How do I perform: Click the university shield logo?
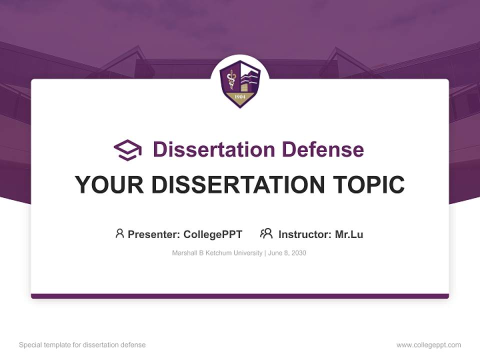(x=240, y=84)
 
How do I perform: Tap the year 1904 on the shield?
(x=240, y=96)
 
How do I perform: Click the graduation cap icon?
(x=127, y=150)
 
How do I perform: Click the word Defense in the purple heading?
(x=323, y=149)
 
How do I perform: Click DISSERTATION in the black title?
(x=238, y=184)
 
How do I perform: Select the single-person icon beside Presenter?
(x=119, y=233)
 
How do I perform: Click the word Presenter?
(x=154, y=234)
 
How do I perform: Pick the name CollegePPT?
(x=213, y=234)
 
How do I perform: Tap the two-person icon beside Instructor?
(x=266, y=233)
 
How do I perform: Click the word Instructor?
(x=305, y=234)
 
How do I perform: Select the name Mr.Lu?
(x=349, y=234)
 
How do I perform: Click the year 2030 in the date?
(x=299, y=253)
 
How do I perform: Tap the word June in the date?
(x=274, y=253)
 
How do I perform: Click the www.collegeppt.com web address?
(x=428, y=345)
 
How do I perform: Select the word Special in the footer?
(x=30, y=345)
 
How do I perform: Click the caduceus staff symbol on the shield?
(x=231, y=79)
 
